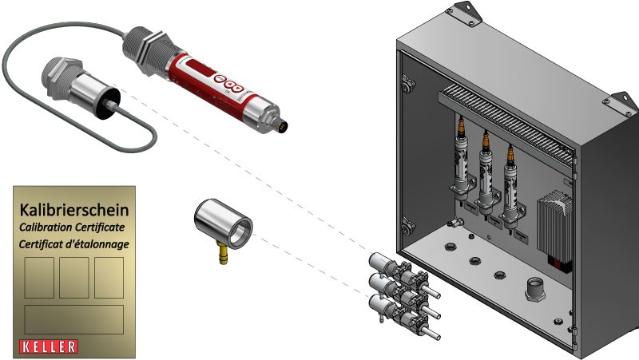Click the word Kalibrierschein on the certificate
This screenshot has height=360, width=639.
tap(74, 210)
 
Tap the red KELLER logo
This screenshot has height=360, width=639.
tap(49, 346)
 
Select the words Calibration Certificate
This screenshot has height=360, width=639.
tap(72, 227)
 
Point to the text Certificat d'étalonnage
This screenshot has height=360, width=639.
tap(73, 244)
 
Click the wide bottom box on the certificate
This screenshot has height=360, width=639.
tap(74, 319)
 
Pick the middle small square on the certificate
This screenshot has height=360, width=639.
tap(74, 278)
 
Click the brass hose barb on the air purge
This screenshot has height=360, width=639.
tap(223, 253)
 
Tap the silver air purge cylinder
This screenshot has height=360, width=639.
tap(223, 224)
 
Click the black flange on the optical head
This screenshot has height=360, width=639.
tap(108, 104)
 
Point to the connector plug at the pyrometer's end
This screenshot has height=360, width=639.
tap(281, 125)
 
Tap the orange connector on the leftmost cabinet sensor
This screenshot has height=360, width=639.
tap(461, 126)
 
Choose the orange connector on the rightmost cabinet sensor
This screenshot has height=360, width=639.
tap(510, 156)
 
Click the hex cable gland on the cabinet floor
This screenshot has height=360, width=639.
tap(535, 289)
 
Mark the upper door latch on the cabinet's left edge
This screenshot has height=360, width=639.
tap(407, 84)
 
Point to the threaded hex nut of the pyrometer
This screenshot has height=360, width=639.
tap(147, 50)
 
